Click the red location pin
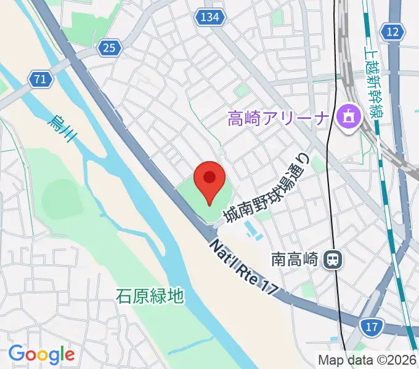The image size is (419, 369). pos(209,180)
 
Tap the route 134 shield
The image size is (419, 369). pos(209,18)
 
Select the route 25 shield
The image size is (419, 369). pos(109,47)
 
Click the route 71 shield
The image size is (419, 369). pos(40,79)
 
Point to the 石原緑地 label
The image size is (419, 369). pos(150,296)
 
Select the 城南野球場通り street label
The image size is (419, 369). pos(264,189)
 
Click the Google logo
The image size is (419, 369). pos(41,354)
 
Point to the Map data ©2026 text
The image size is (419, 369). pos(367,360)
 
